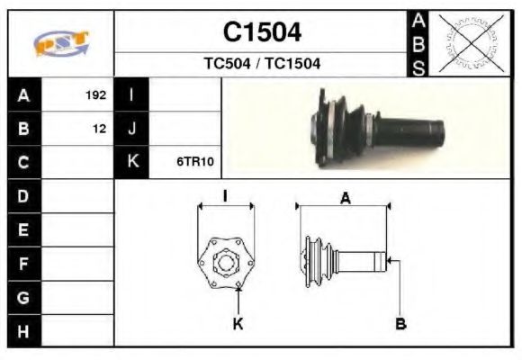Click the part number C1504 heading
pyautogui.click(x=262, y=32)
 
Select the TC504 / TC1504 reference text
pyautogui.click(x=262, y=64)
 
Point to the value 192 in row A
pyautogui.click(x=95, y=94)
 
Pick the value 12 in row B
pyautogui.click(x=99, y=129)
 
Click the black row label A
pyautogui.click(x=23, y=94)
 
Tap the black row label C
pyautogui.click(x=23, y=163)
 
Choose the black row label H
pyautogui.click(x=23, y=331)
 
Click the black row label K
pyautogui.click(x=132, y=163)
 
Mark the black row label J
pyautogui.click(x=132, y=129)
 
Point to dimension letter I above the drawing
pyautogui.click(x=225, y=194)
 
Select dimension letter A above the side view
pyautogui.click(x=345, y=199)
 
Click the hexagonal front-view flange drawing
pyautogui.click(x=225, y=261)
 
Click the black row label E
pyautogui.click(x=23, y=230)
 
